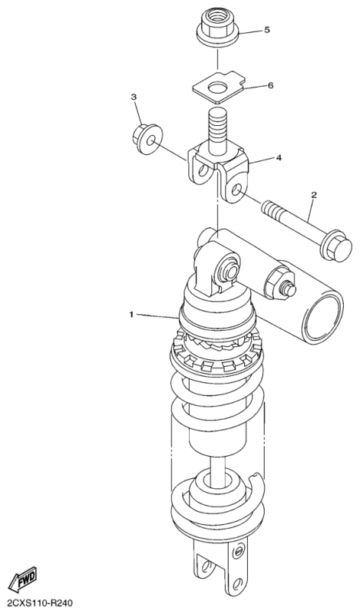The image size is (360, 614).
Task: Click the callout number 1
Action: (x=131, y=314)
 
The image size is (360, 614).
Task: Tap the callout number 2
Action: (x=314, y=194)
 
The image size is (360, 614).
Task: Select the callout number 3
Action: (x=134, y=97)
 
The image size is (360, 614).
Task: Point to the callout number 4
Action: (x=279, y=157)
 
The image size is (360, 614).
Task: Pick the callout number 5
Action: (x=267, y=30)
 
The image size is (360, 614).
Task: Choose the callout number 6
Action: (x=270, y=85)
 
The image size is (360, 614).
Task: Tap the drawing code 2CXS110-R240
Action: (x=36, y=603)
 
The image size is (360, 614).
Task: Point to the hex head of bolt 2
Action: (x=335, y=247)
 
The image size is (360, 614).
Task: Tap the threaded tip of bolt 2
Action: (x=270, y=208)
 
